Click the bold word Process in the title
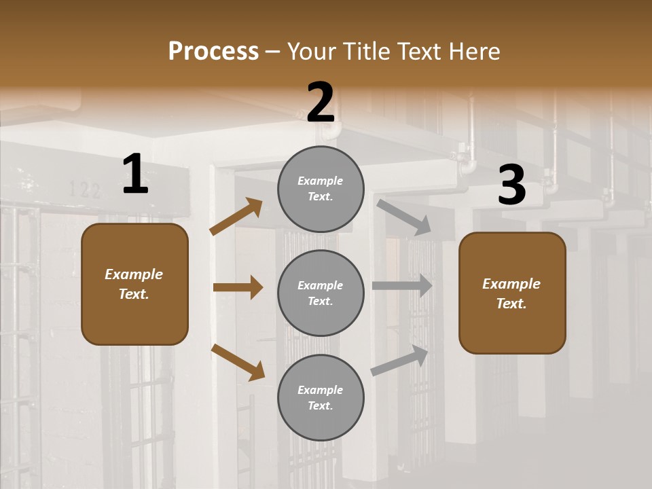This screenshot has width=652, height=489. coord(213,52)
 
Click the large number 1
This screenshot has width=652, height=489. coord(135,175)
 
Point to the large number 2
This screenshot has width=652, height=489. coord(321,103)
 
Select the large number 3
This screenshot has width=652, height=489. coord(511,185)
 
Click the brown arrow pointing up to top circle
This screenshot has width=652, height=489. coord(236,217)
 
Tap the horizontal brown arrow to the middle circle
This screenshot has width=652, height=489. coord(238,287)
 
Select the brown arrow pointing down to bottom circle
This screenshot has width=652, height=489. coord(238,362)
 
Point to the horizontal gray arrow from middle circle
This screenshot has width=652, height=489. coord(402,286)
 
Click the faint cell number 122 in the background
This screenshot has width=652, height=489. coord(86,189)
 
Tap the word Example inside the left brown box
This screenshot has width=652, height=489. coord(134,274)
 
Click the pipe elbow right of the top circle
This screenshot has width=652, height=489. coord(468,166)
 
